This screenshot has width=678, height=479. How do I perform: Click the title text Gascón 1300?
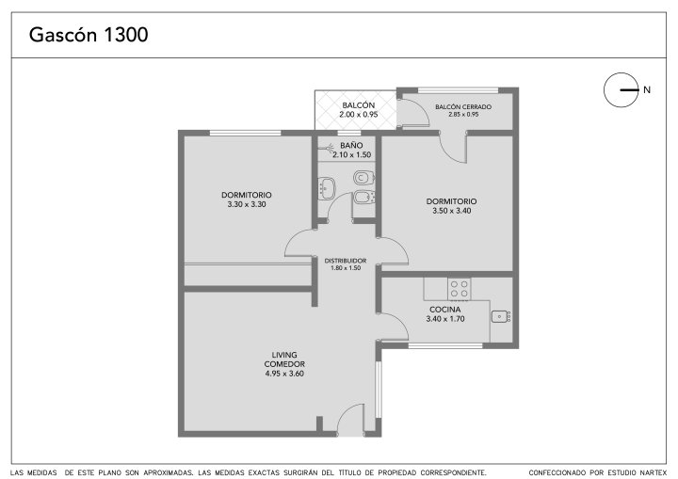[x=89, y=35]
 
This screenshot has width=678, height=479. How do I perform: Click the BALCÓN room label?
[x=359, y=105]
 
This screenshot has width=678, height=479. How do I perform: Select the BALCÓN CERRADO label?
[x=463, y=106]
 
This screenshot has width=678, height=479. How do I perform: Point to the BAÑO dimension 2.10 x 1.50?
[x=352, y=154]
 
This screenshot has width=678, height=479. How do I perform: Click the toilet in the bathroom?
[x=364, y=177]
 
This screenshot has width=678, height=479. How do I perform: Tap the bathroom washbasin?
[x=327, y=188]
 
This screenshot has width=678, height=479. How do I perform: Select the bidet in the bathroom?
[x=364, y=198]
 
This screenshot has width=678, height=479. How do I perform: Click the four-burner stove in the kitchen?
[x=460, y=289]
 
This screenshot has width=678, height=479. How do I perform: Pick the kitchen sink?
[x=501, y=316]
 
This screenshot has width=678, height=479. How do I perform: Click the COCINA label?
[x=444, y=310]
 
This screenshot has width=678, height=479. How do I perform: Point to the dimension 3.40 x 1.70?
[x=445, y=319]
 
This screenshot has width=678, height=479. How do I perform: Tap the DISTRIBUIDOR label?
[x=346, y=261]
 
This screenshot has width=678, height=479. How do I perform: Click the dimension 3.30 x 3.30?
[x=247, y=204]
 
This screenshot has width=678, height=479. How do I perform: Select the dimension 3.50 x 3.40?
[x=452, y=211]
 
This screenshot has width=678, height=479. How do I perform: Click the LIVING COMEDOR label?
[x=284, y=359]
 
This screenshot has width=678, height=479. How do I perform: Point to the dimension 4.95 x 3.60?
[x=284, y=374]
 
